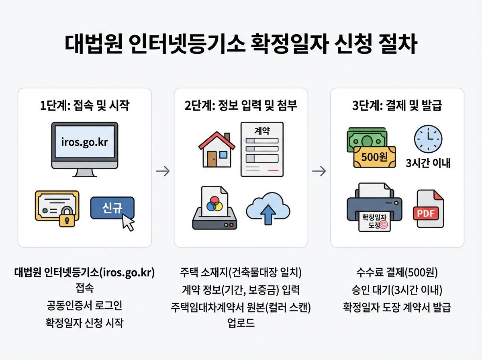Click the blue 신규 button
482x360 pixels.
coord(112,208)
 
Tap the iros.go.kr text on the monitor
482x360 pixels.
coord(84,143)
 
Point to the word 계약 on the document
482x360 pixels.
coord(262,131)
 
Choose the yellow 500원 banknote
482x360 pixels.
coord(374,157)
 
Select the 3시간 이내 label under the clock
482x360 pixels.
coord(428,164)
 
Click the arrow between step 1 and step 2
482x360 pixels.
coord(163,172)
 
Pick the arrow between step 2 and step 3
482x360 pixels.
coord(319,172)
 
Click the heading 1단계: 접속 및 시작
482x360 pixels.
coord(84,106)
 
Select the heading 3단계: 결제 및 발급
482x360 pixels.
coord(397,106)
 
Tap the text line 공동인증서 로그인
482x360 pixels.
coord(84,305)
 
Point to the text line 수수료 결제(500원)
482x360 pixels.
coord(397,273)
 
